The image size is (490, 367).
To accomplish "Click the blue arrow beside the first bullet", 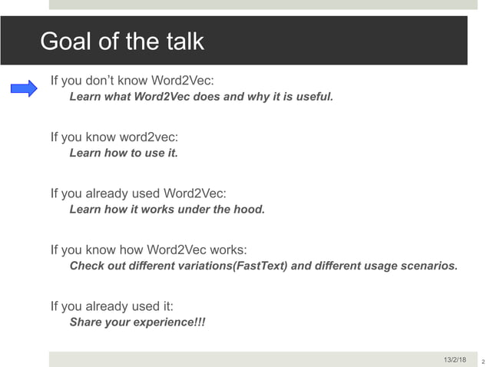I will [24, 89].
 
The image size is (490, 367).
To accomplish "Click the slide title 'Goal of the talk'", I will [121, 41].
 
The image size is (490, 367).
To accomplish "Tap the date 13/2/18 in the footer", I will [455, 359].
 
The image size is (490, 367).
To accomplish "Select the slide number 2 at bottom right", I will [483, 361].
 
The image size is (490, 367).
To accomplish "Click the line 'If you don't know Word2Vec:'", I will [132, 80].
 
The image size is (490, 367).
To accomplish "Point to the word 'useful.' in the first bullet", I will [313, 97].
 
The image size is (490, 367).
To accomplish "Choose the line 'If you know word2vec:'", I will [114, 137].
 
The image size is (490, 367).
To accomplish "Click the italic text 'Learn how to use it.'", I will [124, 153].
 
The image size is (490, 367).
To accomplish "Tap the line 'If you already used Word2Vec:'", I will [138, 193].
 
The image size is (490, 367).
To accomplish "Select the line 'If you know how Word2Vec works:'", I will [148, 250].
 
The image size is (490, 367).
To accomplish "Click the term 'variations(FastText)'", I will [235, 266].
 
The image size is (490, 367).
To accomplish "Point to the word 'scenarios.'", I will [429, 266].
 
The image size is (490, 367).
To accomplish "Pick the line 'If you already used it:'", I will [111, 306].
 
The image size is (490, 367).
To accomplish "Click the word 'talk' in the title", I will [184, 41].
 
